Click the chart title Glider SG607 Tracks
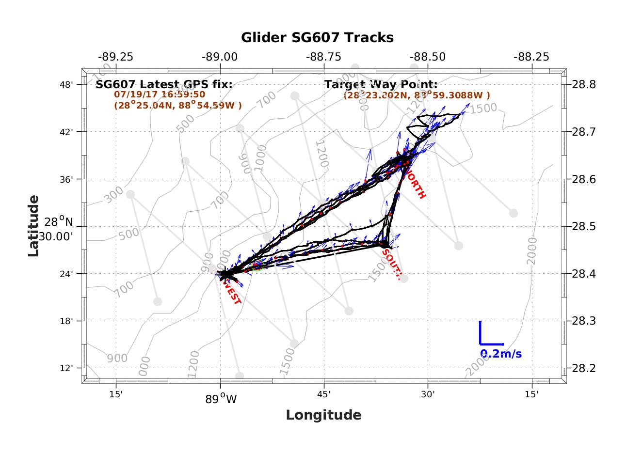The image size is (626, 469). pos(317,37)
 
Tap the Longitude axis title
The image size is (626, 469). pos(323,415)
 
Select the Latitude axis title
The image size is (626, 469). pos(33,226)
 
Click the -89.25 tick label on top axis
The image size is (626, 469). pos(115,57)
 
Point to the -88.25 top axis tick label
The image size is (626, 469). pos(532,57)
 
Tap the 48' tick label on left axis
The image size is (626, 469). pos(66,85)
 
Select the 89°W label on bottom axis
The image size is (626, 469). pos(221,400)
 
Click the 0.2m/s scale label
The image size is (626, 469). pos(501,354)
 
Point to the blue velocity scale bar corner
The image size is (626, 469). pos(480,344)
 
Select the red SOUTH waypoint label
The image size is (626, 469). pos(391,265)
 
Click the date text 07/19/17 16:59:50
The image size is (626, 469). pos(160,94)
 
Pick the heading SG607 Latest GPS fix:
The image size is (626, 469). pos(164,84)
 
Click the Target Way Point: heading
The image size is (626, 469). pos(381,84)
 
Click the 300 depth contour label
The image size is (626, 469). pos(114,196)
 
